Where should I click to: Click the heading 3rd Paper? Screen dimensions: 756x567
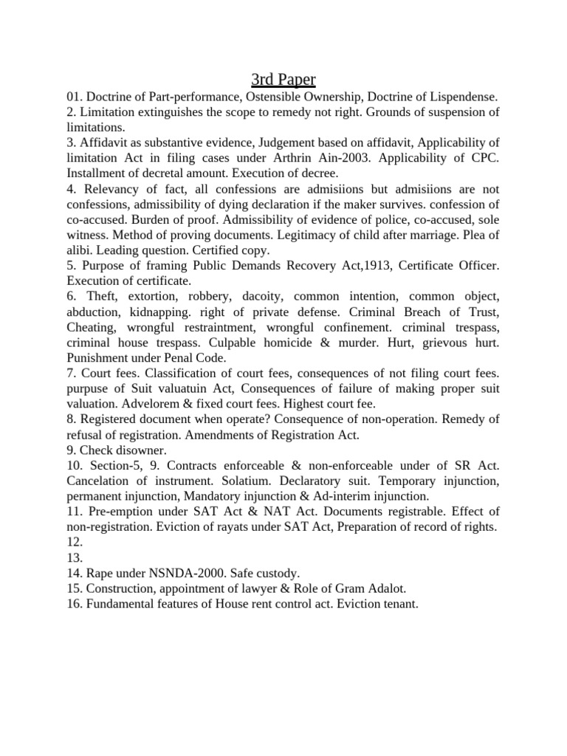click(x=283, y=79)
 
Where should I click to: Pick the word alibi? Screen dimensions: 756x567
click(x=80, y=250)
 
